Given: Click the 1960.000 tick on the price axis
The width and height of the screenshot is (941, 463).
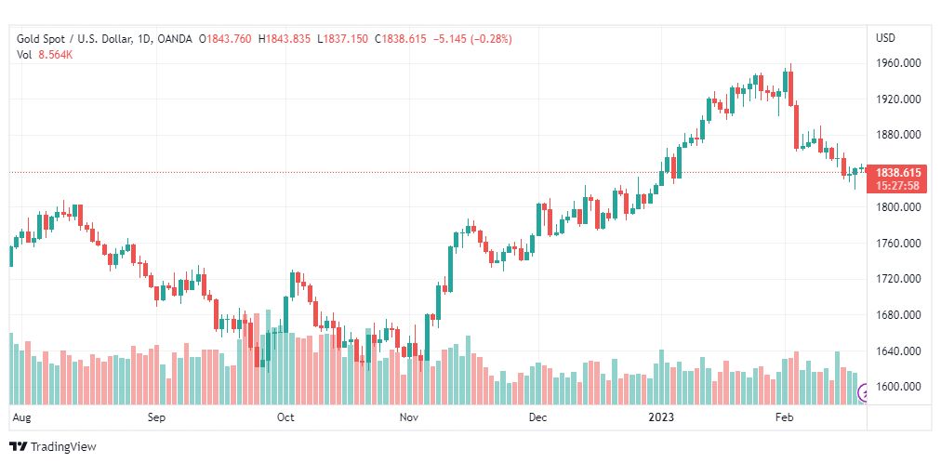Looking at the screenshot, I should coord(897,63).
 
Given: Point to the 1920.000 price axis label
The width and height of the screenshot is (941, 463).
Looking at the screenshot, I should coord(897,99).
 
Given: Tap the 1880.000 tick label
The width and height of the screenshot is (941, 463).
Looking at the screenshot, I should coord(897,135).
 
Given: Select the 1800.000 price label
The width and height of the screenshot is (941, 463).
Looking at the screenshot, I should coord(897,207).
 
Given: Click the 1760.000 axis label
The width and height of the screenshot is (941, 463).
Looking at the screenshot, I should coord(897,244).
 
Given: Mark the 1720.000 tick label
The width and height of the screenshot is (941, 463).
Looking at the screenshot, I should coord(897,279).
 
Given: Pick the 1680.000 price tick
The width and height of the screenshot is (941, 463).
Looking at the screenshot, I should coord(897,315).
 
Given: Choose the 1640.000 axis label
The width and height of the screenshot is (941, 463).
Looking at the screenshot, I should coord(897,351).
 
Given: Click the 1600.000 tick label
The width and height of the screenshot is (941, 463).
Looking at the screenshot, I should coord(897,387).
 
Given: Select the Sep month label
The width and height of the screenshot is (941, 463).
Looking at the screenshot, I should coord(156,418).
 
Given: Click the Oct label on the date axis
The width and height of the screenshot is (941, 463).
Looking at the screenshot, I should coord(285,418).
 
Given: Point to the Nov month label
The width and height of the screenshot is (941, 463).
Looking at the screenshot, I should coord(408,418).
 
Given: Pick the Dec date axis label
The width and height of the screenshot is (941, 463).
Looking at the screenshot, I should coord(537,418).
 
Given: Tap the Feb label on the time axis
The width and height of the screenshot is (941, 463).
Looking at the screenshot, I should coord(786,418).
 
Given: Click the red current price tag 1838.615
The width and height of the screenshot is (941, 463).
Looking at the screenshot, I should coord(898,173).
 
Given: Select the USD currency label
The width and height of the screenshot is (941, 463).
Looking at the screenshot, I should coord(885,38).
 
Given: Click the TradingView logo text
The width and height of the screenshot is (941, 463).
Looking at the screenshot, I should coord(63,447).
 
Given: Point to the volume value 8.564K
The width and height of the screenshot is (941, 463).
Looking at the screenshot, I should coord(56,54).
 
